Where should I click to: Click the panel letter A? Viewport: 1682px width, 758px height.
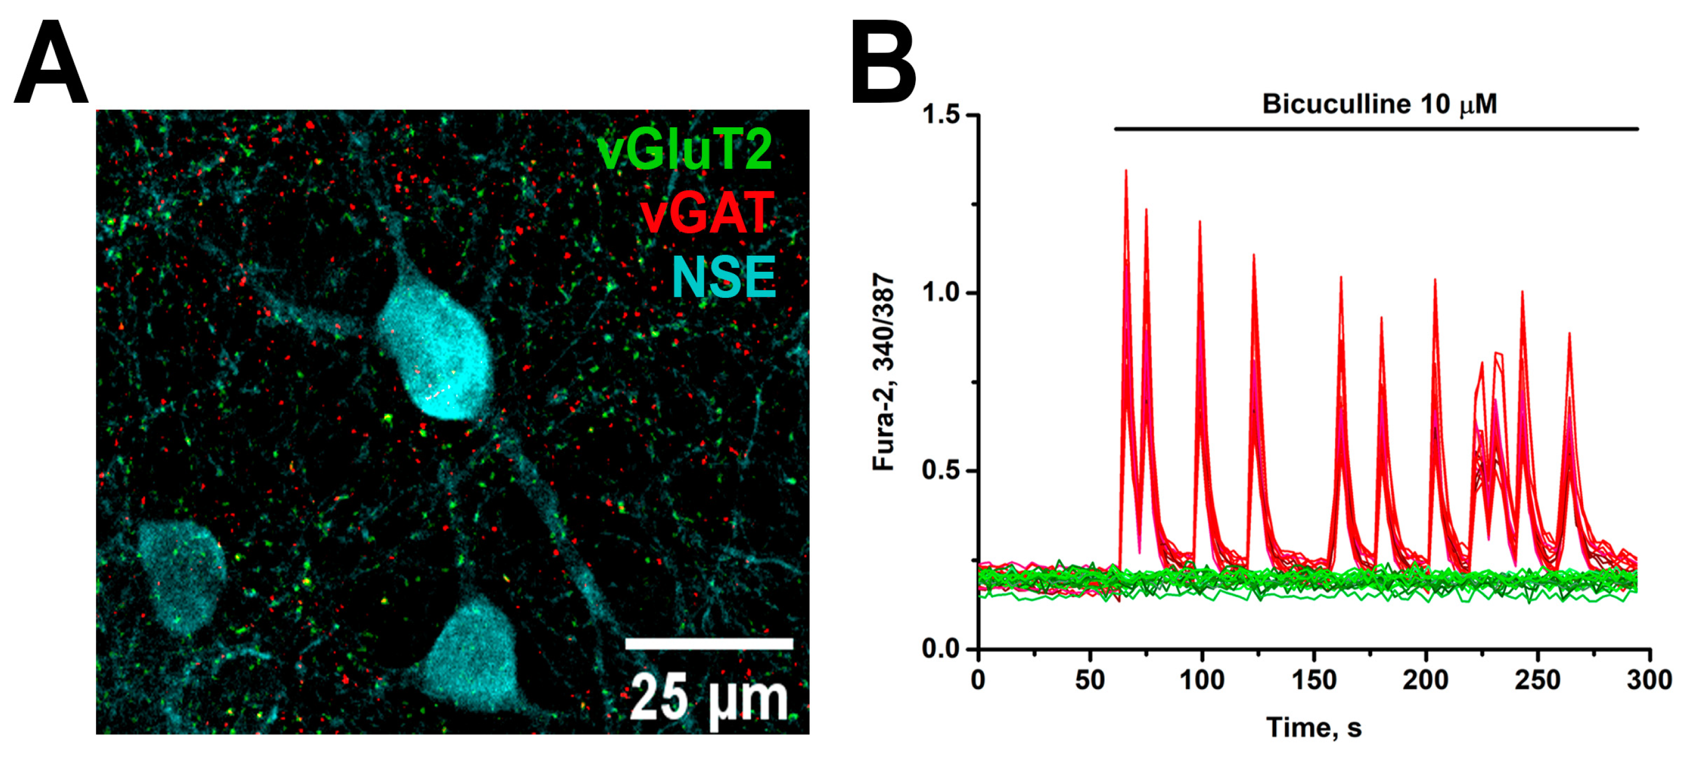pos(51,63)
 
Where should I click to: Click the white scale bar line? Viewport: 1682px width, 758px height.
pos(709,644)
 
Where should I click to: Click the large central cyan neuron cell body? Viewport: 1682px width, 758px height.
pos(436,356)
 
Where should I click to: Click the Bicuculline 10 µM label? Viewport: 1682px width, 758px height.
pos(1379,104)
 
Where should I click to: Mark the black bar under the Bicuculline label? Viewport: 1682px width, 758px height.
pos(1376,129)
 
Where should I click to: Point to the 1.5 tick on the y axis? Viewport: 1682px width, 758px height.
pos(942,115)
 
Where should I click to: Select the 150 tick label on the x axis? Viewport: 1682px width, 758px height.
pos(1314,681)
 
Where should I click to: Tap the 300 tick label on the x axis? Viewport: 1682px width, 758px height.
pos(1649,681)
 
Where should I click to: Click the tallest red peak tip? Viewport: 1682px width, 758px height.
pos(1126,172)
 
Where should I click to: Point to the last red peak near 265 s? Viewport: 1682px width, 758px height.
pos(1569,334)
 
